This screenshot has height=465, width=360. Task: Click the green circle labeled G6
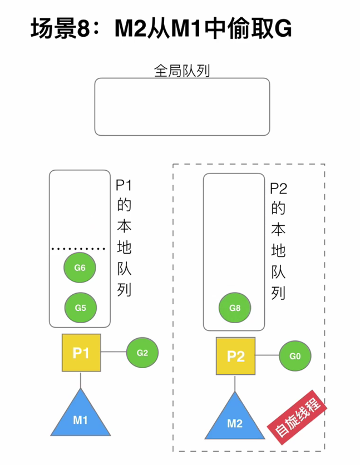pos(80,268)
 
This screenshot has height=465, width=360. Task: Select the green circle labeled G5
pos(81,306)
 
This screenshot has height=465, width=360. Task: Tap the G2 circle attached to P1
pos(142,352)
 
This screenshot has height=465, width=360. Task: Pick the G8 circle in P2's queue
pos(234,306)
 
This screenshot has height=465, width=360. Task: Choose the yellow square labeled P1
pos(81,353)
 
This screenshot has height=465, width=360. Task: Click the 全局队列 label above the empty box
pos(181,71)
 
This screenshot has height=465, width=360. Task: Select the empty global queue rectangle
pos(182,106)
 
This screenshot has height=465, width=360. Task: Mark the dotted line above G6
pos(78,249)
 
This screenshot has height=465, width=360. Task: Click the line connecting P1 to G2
pos(114,352)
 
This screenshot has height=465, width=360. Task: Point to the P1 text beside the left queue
pos(124,185)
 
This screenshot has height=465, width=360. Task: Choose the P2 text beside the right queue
pos(278,189)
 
